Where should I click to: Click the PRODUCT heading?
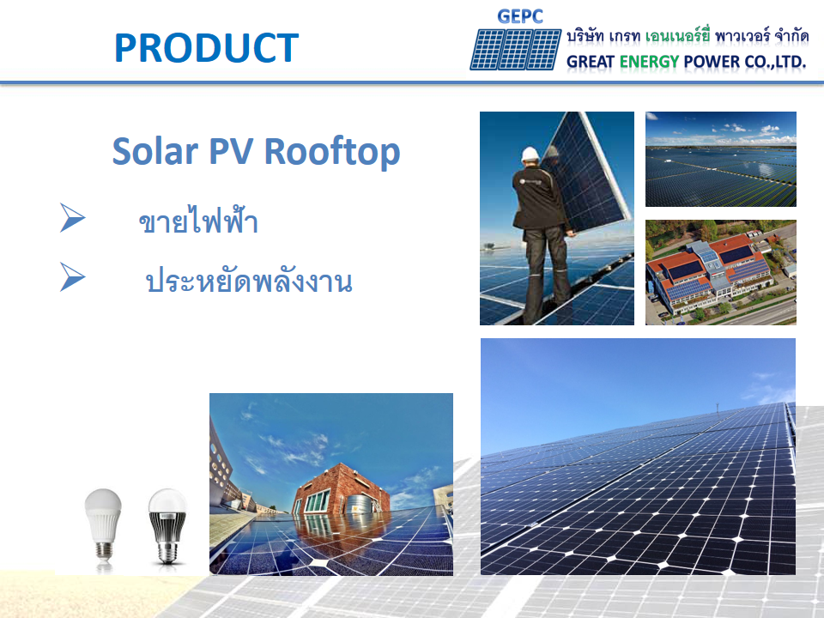[x=206, y=48]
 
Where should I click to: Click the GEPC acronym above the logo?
[x=520, y=16]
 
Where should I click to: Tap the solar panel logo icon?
[x=515, y=49]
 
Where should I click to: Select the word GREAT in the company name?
[x=591, y=62]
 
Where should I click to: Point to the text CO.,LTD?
[x=772, y=62]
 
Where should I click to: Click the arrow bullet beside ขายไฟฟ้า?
[x=72, y=219]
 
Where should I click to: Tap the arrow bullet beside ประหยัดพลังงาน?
[x=72, y=277]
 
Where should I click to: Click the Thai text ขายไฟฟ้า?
[x=198, y=222]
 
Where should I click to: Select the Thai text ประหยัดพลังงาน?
[x=249, y=282]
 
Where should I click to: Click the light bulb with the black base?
[x=167, y=526]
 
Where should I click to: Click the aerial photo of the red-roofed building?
[x=720, y=272]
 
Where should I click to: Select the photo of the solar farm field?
[x=720, y=159]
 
